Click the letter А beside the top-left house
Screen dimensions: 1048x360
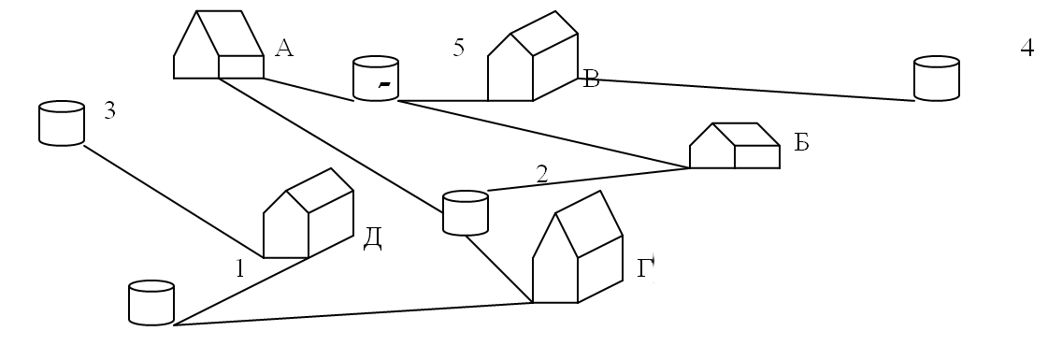pos(284,48)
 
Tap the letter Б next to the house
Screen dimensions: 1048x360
pos(801,142)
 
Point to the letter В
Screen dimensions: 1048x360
pos(591,79)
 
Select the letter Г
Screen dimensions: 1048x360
pos(645,268)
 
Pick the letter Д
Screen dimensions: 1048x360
pos(372,238)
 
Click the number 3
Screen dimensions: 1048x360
pos(109,111)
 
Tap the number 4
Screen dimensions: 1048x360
pos(1027,48)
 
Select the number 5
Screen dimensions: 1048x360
pos(458,48)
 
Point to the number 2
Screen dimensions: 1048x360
pos(541,174)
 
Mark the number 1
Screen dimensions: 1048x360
pos(240,268)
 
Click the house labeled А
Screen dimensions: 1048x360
pos(219,45)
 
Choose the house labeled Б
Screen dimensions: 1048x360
pos(735,146)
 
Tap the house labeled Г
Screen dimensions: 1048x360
pos(578,247)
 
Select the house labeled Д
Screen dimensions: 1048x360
pos(309,213)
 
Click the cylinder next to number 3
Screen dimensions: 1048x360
pos(62,122)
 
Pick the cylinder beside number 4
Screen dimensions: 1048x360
pos(937,79)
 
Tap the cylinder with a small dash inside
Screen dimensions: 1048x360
pos(376,79)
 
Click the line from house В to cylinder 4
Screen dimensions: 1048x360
pos(746,90)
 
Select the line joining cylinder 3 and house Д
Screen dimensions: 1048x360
pos(174,202)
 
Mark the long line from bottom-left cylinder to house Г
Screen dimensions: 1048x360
pos(352,314)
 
